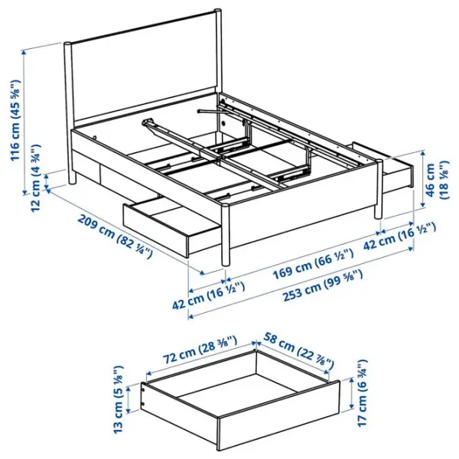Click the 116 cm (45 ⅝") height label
click(x=16, y=120)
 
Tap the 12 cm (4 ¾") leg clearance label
click(x=36, y=178)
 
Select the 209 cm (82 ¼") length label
click(x=115, y=236)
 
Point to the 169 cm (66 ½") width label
click(x=313, y=264)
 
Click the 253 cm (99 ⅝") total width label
click(x=323, y=285)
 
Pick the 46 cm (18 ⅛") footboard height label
click(x=435, y=180)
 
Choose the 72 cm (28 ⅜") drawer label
click(x=200, y=350)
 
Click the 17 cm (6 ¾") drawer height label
click(x=363, y=393)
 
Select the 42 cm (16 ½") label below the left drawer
click(x=208, y=295)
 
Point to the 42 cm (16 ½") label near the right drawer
click(x=399, y=236)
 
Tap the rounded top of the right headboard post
click(x=217, y=11)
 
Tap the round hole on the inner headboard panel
click(x=223, y=124)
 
